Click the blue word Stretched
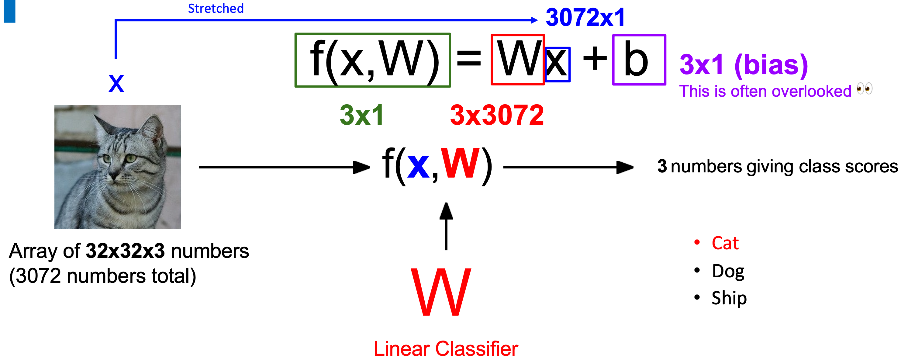(216, 9)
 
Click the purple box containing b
(639, 60)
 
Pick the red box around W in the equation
(517, 60)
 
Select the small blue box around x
(558, 64)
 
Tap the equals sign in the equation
(469, 58)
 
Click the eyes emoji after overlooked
(864, 89)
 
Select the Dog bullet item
(728, 271)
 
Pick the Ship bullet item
(729, 298)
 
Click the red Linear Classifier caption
(446, 349)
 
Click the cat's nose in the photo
(114, 174)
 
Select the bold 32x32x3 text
(125, 251)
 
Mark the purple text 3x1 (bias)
(743, 65)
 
